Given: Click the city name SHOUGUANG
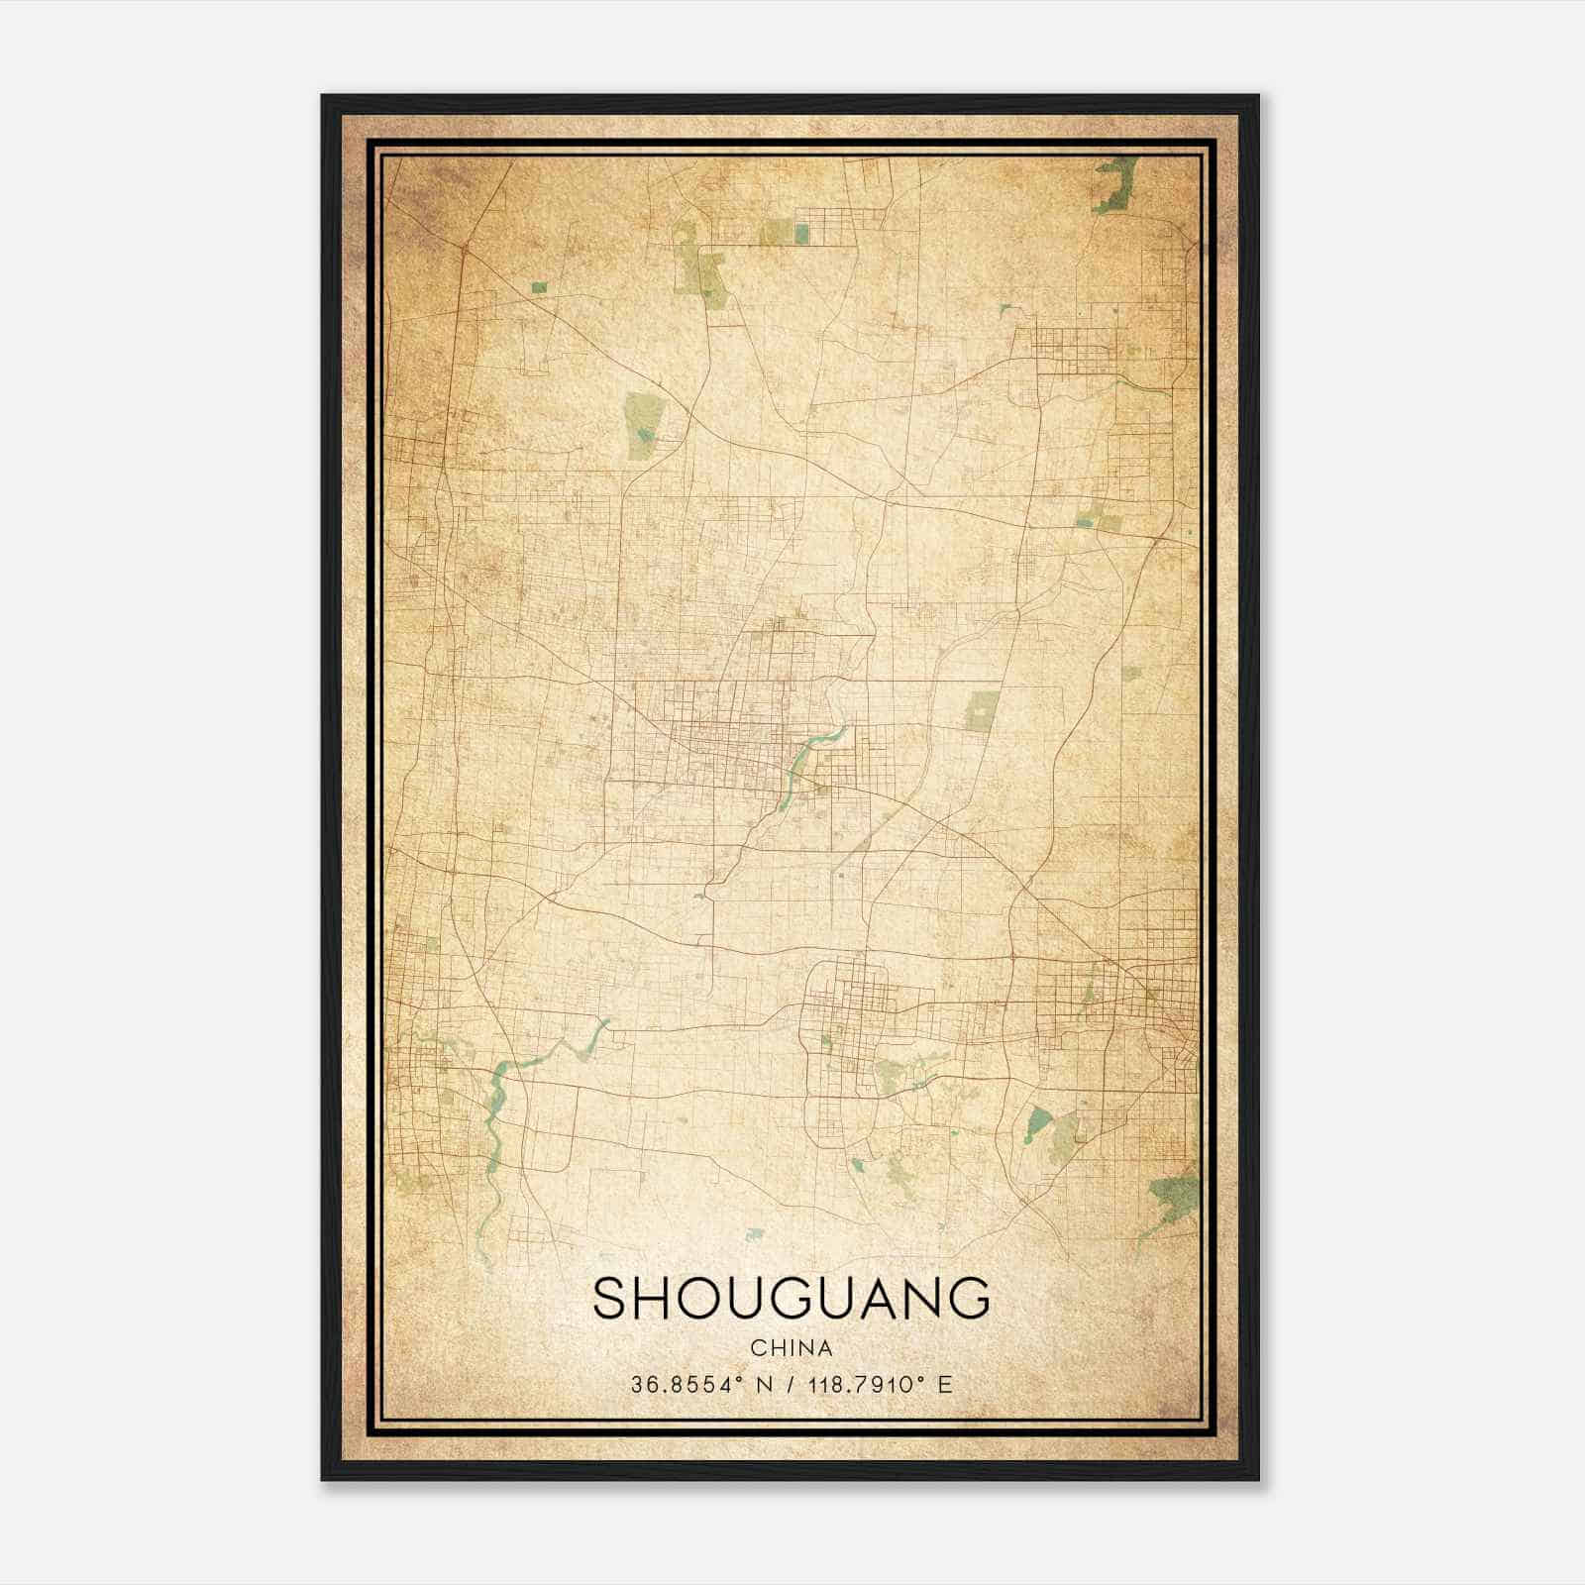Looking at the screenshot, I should tap(791, 1299).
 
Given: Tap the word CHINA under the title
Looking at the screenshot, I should tap(791, 1348).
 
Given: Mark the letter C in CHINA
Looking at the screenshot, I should tap(758, 1348).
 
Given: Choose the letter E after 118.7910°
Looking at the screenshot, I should tap(945, 1385).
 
